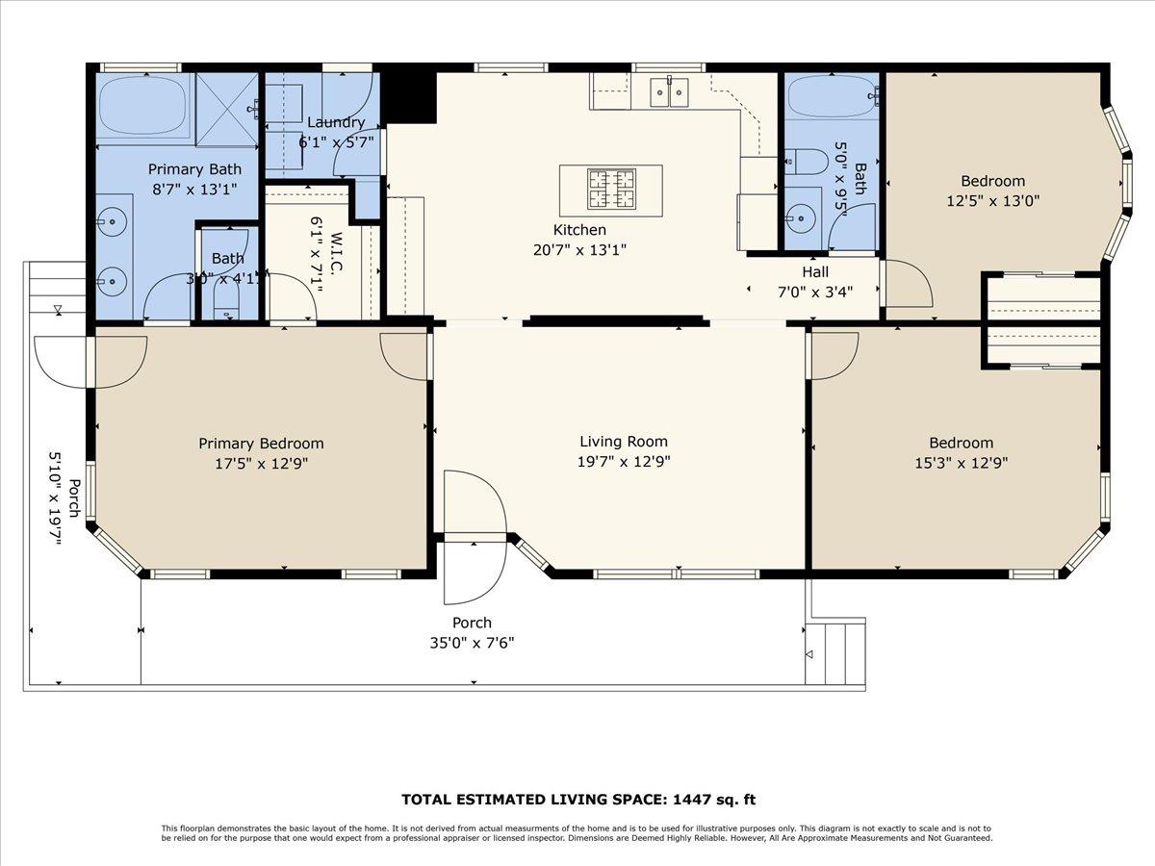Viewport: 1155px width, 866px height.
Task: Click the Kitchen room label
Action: click(579, 230)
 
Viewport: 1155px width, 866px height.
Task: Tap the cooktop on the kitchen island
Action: click(610, 190)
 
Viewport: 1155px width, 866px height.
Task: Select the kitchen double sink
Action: click(670, 93)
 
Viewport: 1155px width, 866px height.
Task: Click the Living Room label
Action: click(624, 442)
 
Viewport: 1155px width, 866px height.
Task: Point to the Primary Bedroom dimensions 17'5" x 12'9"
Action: click(261, 463)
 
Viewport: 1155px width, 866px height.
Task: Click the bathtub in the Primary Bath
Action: click(144, 106)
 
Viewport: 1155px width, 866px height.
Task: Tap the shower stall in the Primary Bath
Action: click(227, 108)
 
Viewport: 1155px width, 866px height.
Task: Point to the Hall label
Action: click(815, 272)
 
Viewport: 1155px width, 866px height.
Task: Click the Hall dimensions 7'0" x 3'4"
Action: click(814, 293)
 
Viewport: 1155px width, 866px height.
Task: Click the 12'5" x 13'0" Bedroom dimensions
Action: click(992, 201)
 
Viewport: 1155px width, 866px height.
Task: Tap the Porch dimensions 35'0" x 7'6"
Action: click(472, 643)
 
